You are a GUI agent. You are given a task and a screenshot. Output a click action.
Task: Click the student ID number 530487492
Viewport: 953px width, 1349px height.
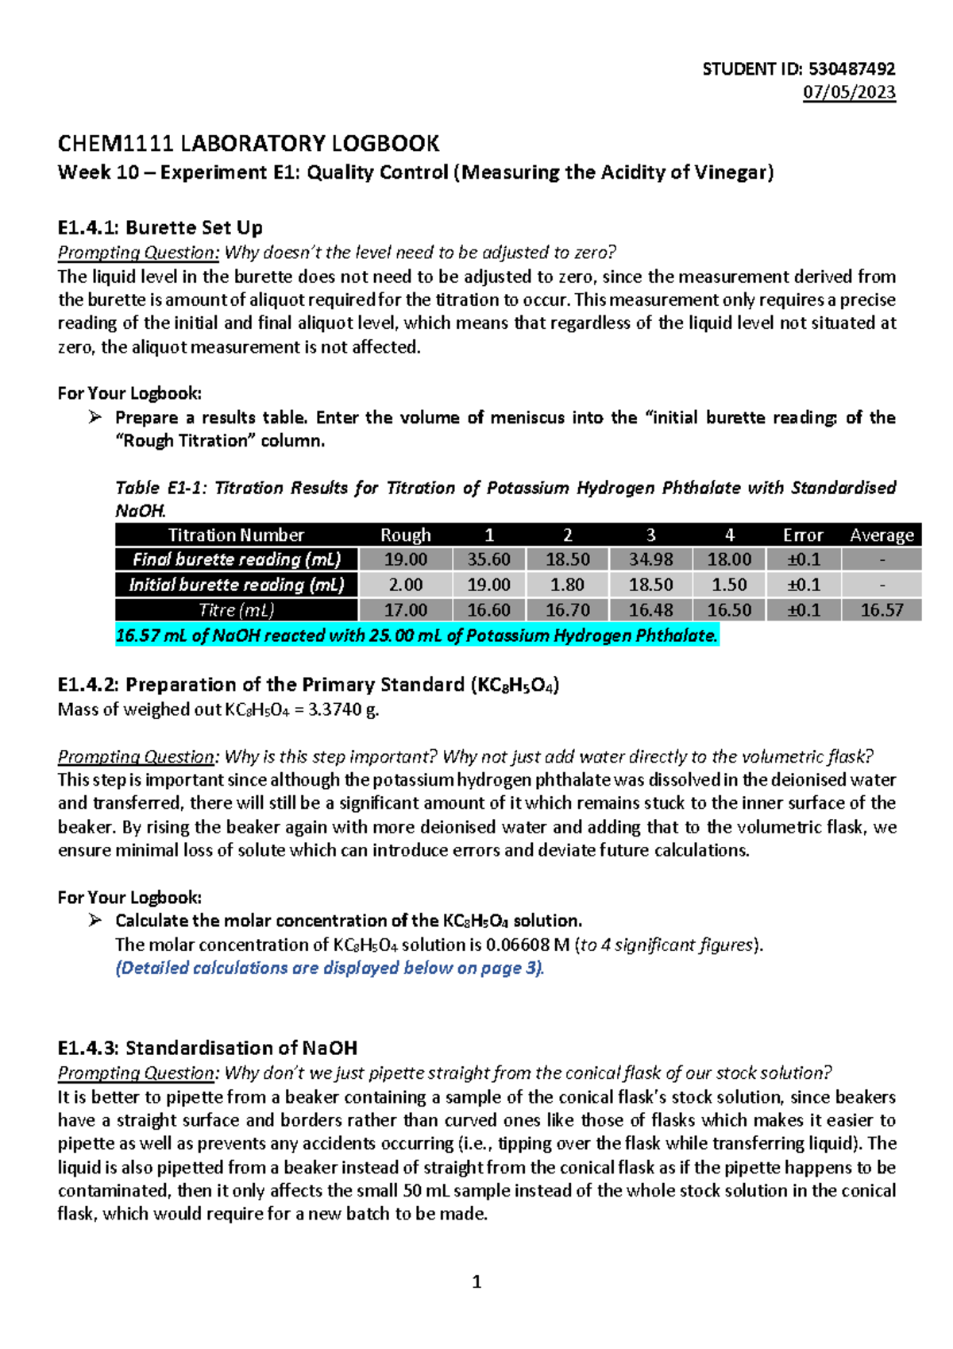tap(851, 69)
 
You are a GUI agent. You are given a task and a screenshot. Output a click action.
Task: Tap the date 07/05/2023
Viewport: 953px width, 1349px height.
tap(849, 92)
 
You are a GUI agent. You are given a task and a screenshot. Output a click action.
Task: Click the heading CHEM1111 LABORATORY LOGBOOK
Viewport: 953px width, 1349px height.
tap(248, 144)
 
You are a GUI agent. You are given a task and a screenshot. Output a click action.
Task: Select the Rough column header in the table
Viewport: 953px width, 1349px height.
tap(405, 535)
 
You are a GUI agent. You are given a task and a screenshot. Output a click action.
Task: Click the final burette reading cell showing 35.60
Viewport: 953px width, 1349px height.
tap(488, 559)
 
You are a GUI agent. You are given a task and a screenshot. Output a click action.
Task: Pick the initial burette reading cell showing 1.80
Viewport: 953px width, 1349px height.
tap(567, 585)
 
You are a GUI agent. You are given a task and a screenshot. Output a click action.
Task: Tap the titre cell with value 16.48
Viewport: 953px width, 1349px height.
tap(650, 610)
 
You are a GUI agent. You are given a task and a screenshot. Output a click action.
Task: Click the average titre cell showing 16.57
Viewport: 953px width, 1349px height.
tap(882, 610)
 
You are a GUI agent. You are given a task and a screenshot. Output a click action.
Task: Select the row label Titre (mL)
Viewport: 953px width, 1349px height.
tap(236, 610)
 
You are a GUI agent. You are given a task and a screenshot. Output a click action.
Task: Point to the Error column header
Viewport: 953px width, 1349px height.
tap(803, 535)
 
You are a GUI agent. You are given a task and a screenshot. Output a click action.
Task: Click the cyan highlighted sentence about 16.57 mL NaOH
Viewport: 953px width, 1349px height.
tap(416, 636)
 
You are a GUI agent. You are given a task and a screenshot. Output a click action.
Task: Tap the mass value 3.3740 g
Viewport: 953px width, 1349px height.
tap(343, 709)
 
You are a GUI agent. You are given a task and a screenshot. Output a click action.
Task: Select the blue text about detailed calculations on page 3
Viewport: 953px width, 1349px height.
tap(330, 968)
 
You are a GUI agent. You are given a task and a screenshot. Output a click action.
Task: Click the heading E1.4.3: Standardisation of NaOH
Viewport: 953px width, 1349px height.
tap(207, 1048)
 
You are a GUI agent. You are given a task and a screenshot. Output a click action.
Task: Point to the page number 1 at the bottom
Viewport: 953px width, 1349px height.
tap(476, 1281)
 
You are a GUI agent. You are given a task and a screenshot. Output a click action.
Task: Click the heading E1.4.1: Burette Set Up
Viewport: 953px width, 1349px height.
tap(160, 228)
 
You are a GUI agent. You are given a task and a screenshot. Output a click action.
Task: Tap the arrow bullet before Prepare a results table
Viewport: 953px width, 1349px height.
tap(95, 417)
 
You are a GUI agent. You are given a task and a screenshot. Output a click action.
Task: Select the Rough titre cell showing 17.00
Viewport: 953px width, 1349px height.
tap(405, 610)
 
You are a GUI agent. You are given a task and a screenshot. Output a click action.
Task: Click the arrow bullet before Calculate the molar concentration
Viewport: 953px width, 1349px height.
tap(95, 920)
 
